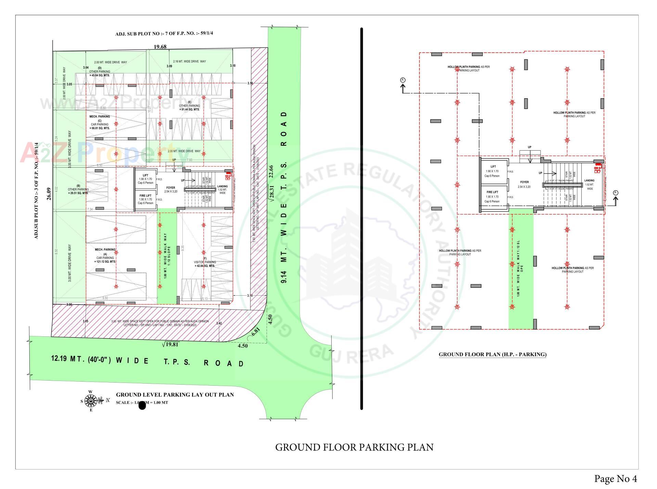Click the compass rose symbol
91,400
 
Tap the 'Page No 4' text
615,479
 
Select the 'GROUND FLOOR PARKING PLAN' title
354,447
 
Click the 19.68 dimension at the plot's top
160,47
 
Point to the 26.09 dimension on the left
49,194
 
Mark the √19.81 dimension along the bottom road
170,345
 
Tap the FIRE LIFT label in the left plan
145,196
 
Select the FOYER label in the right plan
524,182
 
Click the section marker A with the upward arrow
403,80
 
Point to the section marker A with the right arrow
616,193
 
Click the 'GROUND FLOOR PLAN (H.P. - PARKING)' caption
492,355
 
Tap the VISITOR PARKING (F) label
205,262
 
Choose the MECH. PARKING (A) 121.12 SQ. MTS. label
105,256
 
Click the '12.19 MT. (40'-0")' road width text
81,359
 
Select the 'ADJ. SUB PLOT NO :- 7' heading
164,34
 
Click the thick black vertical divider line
361,219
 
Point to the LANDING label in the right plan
589,180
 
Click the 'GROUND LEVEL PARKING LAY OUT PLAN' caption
175,395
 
